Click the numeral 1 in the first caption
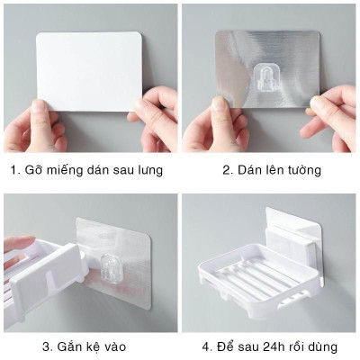[x=13, y=168]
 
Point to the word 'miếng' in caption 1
[x=72, y=169]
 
